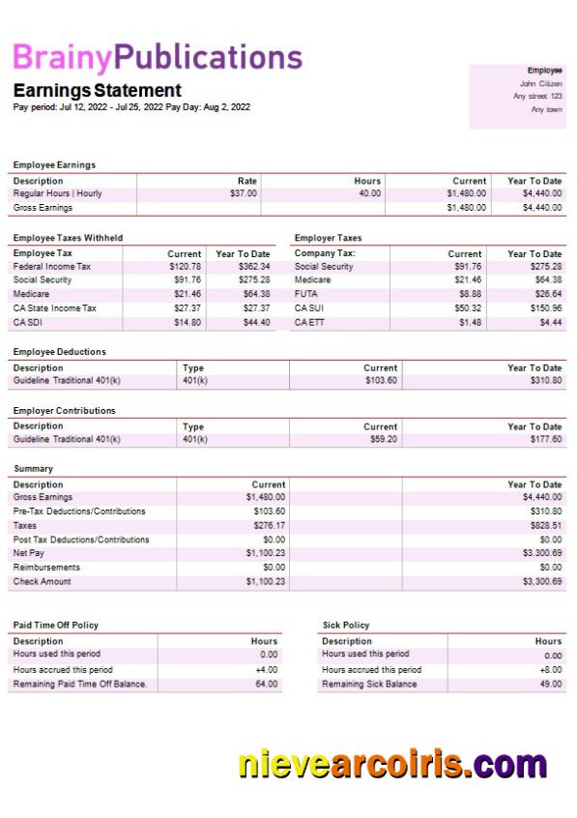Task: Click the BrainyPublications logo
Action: (158, 58)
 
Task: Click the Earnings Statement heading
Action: (97, 90)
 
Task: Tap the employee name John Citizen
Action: (540, 83)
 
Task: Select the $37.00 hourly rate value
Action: (244, 193)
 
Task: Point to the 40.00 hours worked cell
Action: (368, 193)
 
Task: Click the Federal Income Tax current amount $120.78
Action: (185, 266)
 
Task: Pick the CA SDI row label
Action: (27, 322)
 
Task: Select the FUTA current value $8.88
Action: (470, 294)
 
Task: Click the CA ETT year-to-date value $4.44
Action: (551, 322)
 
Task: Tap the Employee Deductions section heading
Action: (60, 352)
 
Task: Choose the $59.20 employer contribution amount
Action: (383, 439)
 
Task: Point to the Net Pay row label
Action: (29, 553)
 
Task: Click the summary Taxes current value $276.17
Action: (266, 525)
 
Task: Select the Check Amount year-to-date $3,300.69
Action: (541, 582)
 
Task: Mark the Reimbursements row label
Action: (46, 568)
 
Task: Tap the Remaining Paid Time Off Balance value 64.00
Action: (266, 684)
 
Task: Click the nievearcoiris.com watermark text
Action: (392, 764)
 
